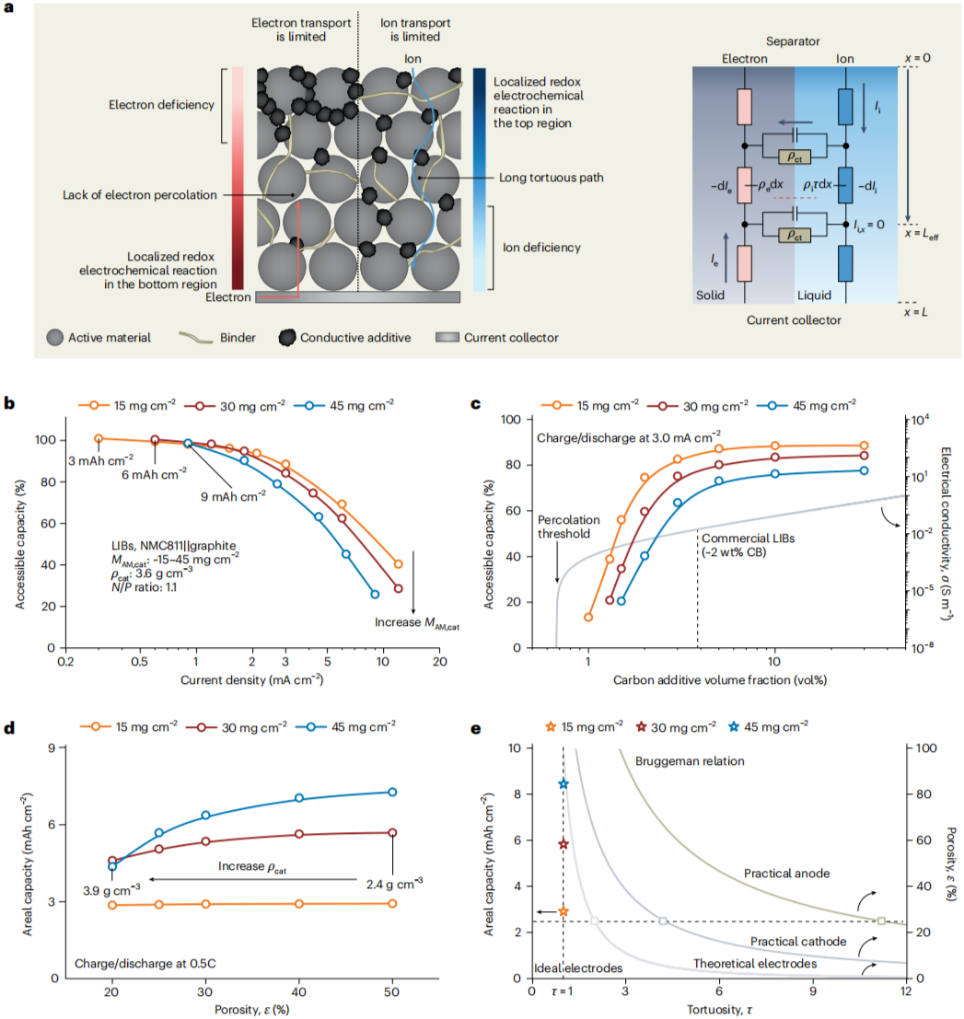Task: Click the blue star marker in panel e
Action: pyautogui.click(x=563, y=784)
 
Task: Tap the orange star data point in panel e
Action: pyautogui.click(x=563, y=911)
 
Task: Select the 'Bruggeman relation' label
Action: pyautogui.click(x=690, y=761)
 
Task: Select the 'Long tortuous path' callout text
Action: pyautogui.click(x=551, y=178)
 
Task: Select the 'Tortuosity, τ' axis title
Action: pyautogui.click(x=719, y=1009)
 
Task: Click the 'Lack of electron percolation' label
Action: pyautogui.click(x=133, y=195)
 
